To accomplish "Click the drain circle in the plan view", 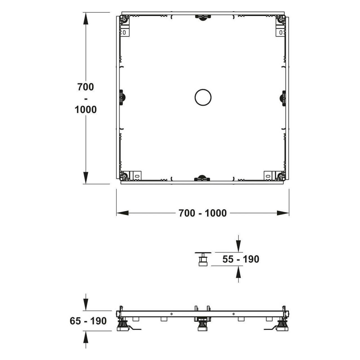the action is click(x=203, y=89).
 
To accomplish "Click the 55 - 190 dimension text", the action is click(x=241, y=259).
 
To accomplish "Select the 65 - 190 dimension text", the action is click(x=88, y=321).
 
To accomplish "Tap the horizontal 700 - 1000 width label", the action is click(x=203, y=213).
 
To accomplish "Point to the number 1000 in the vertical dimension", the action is click(x=85, y=110).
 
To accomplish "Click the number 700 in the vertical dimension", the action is click(x=85, y=87).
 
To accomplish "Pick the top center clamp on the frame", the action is click(x=203, y=17).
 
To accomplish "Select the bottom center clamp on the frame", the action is click(x=202, y=178).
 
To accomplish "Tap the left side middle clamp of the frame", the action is click(x=122, y=97).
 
